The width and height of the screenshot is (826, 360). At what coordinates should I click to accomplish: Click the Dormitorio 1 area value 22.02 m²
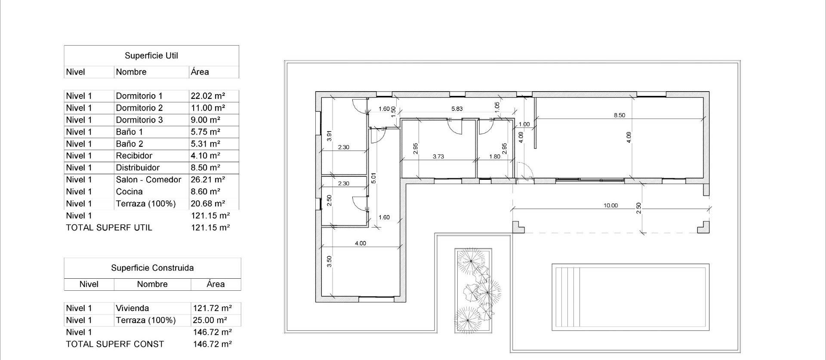[208, 96]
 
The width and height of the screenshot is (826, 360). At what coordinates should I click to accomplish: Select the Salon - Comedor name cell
[148, 180]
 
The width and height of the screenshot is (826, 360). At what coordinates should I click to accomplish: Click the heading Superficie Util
[151, 55]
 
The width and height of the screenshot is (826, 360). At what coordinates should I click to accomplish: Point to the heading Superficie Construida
[152, 268]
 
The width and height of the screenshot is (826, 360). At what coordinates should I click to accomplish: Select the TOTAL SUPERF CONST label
[115, 345]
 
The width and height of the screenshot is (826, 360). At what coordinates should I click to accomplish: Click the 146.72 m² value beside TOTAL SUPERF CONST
[213, 345]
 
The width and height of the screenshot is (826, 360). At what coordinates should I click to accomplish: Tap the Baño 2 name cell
[129, 144]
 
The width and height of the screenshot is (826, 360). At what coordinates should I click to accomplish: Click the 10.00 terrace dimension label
[610, 206]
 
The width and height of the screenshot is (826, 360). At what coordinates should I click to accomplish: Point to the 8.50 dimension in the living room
[619, 115]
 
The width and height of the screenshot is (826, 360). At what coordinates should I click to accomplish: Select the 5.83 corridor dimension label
[457, 109]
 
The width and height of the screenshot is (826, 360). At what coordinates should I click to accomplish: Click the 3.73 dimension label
[438, 157]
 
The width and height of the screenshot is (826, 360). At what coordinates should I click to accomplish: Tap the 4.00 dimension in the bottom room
[360, 243]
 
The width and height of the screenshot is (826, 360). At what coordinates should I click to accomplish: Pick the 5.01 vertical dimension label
[373, 178]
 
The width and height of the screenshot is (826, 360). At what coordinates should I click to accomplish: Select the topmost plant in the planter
[471, 261]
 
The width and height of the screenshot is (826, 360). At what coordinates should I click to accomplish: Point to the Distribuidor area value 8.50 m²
[205, 168]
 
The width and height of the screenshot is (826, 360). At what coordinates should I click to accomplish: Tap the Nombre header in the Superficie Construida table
[152, 284]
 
